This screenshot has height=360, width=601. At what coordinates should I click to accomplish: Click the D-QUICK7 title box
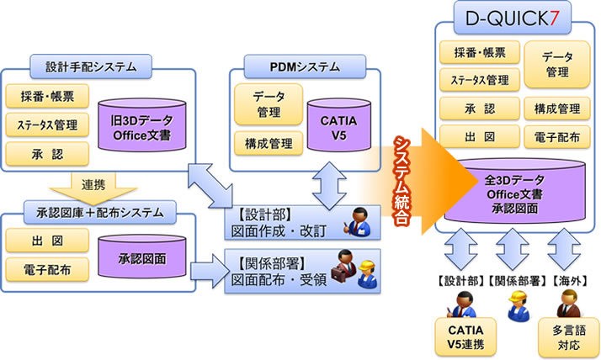(x=514, y=18)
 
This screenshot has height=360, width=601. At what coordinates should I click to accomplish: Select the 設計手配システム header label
(x=95, y=64)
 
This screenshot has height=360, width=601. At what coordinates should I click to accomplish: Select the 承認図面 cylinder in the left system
(x=139, y=255)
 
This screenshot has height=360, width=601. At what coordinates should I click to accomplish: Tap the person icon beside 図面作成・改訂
(x=360, y=220)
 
